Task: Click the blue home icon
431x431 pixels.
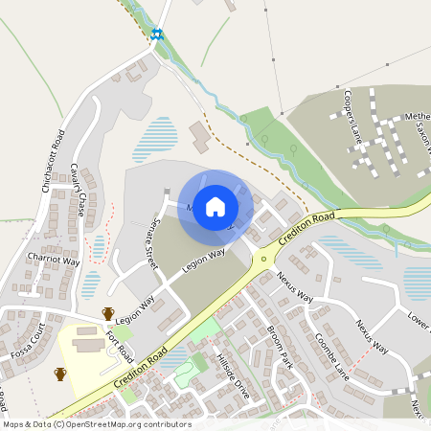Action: pyautogui.click(x=215, y=207)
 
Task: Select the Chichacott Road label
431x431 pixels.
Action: pyautogui.click(x=53, y=161)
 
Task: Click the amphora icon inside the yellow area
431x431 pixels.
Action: pyautogui.click(x=60, y=374)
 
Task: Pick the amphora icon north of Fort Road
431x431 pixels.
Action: pyautogui.click(x=108, y=313)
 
